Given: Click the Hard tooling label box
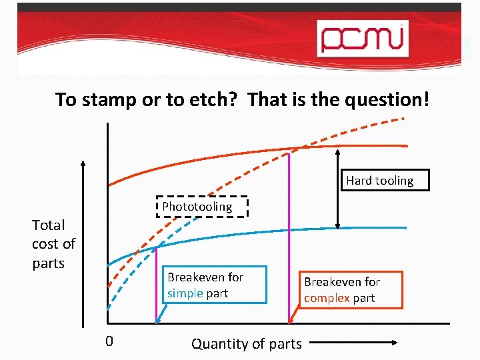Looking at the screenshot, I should (x=379, y=181).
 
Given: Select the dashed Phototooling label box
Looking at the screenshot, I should (x=205, y=207).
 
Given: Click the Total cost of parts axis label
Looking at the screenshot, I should (x=53, y=244).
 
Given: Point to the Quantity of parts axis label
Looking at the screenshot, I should (x=246, y=344).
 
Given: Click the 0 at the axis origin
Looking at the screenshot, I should (x=109, y=342).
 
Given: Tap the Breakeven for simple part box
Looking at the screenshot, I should (x=215, y=285).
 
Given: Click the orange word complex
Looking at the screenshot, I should (x=327, y=298).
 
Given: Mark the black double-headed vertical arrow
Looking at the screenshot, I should (x=339, y=187).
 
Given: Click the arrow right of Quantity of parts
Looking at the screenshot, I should (x=353, y=344).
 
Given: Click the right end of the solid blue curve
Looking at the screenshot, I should (x=404, y=228).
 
